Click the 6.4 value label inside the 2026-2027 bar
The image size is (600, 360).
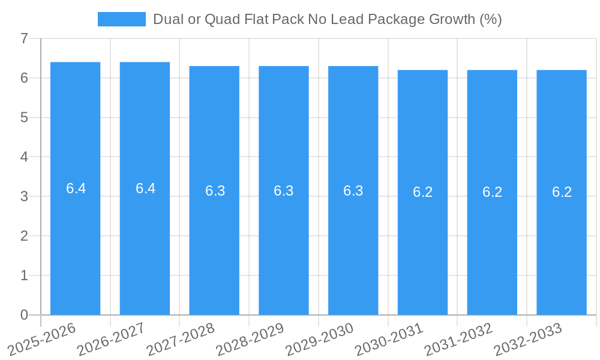point(145,188)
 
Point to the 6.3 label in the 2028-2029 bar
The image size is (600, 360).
point(283,191)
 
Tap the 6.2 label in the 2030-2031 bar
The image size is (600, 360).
point(422,192)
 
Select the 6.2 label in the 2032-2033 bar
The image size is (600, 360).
point(562,192)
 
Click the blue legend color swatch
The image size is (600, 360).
point(122,19)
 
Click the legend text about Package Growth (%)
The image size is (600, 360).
point(327,19)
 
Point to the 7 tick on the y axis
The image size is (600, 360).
point(24,38)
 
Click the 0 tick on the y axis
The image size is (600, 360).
point(24,315)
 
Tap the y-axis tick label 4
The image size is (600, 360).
point(24,157)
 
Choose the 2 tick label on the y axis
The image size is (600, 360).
point(24,236)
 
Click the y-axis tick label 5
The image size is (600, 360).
point(24,118)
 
